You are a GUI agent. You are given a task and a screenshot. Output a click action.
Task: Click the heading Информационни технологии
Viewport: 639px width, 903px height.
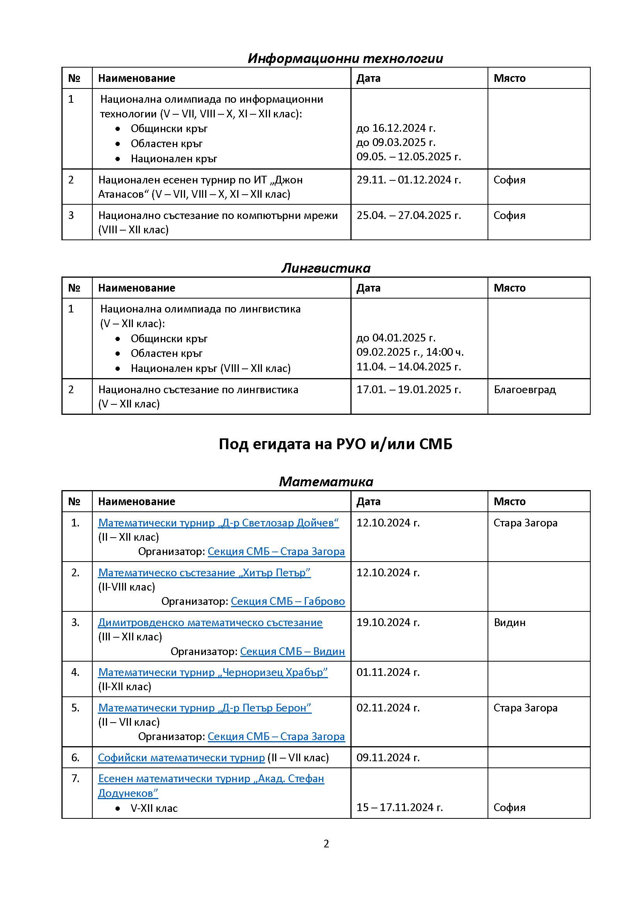pyautogui.click(x=345, y=58)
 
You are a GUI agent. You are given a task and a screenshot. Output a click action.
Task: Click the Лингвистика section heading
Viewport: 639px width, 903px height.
pyautogui.click(x=326, y=268)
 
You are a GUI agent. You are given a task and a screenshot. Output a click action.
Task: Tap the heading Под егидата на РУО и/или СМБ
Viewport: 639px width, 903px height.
pyautogui.click(x=335, y=444)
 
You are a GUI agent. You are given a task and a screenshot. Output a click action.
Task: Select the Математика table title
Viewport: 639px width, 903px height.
pyautogui.click(x=326, y=481)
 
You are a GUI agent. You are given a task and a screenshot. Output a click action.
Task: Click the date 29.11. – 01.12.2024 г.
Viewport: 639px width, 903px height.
pyautogui.click(x=408, y=180)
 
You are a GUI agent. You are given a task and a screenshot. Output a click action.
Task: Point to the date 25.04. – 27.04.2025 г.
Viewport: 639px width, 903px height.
pyautogui.click(x=408, y=215)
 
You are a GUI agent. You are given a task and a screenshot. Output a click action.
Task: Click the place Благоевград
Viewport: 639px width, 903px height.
pyautogui.click(x=525, y=389)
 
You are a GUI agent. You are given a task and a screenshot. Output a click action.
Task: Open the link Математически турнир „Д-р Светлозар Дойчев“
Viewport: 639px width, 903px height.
pyautogui.click(x=218, y=523)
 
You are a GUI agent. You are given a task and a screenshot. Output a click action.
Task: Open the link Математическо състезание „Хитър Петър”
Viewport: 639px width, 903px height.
pyautogui.click(x=204, y=573)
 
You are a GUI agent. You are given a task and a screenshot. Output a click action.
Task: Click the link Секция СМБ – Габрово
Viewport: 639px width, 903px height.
pyautogui.click(x=288, y=601)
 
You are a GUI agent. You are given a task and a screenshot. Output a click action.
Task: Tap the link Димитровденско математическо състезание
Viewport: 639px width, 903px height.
pyautogui.click(x=210, y=623)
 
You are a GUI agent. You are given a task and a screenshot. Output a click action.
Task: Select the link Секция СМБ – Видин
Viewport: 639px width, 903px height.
pyautogui.click(x=292, y=651)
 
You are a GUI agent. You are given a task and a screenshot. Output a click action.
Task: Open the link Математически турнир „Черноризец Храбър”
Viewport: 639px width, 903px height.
pyautogui.click(x=213, y=672)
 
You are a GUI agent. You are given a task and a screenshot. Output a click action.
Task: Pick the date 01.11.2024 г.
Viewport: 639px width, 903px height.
pyautogui.click(x=388, y=672)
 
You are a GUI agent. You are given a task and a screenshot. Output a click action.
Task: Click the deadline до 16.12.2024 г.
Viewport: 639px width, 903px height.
pyautogui.click(x=396, y=128)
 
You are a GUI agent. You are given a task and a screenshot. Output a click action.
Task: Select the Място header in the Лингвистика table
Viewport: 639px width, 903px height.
pyautogui.click(x=510, y=288)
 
